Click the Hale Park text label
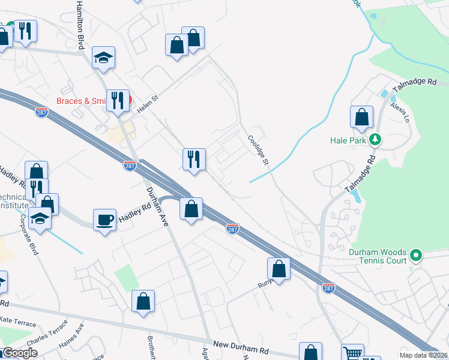click(348, 140)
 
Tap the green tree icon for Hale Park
click(376, 140)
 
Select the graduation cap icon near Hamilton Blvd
click(104, 56)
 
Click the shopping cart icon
click(352, 353)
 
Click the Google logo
click(20, 352)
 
